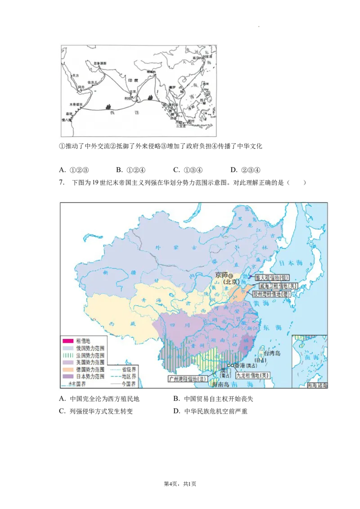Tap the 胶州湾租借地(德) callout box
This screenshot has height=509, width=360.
point(271,294)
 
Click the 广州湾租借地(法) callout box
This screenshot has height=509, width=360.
point(188,379)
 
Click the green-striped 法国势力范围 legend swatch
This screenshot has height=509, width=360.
point(68,355)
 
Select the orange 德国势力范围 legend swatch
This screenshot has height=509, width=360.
point(68,369)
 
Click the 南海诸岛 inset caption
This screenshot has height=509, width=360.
point(317,385)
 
